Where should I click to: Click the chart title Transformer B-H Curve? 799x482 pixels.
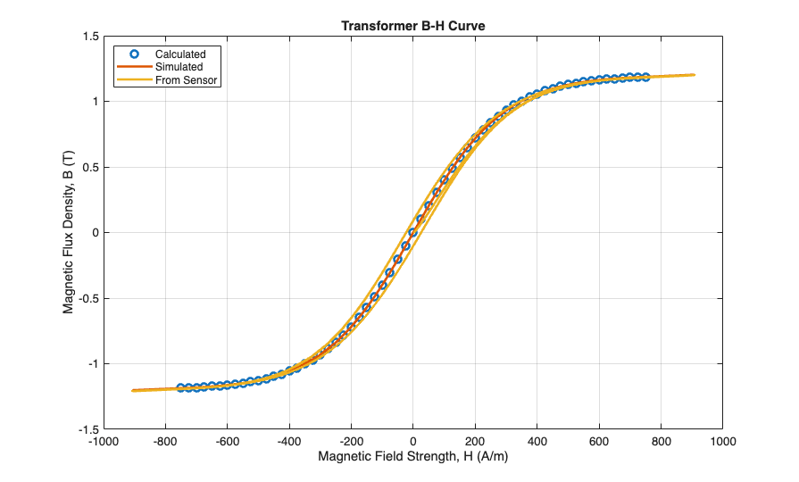[412, 25]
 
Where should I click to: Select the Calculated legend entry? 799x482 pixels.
[180, 54]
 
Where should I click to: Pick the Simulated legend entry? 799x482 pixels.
[179, 67]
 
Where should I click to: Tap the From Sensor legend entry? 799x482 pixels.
[187, 80]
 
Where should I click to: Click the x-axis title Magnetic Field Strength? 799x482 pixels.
[412, 457]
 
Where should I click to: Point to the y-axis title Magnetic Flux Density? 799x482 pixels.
[68, 232]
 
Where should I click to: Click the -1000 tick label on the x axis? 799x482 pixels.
[103, 441]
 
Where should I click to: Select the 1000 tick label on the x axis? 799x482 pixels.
[722, 441]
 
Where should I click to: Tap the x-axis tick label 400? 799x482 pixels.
[537, 441]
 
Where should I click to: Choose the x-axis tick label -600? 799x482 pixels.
[226, 441]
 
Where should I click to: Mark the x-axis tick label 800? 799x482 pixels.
[661, 441]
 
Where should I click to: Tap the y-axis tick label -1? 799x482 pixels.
[92, 363]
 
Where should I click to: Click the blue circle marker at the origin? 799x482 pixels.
[412, 232]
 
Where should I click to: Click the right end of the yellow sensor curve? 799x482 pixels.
[694, 75]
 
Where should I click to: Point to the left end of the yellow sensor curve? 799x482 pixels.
[133, 390]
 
